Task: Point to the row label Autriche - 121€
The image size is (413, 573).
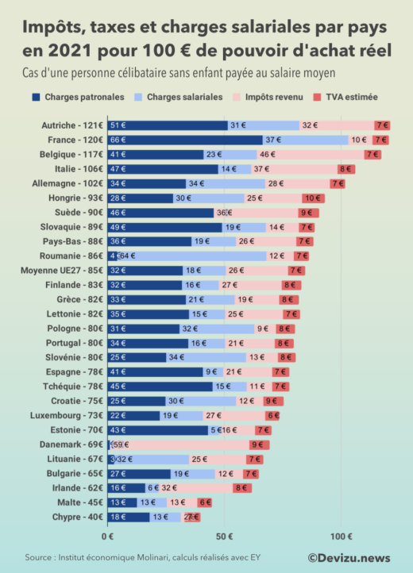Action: point(72,125)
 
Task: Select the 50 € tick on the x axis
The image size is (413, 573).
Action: point(225,536)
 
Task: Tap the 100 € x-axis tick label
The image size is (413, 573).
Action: point(341,536)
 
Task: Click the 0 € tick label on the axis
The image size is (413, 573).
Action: point(107,536)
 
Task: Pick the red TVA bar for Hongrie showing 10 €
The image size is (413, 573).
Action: point(313,198)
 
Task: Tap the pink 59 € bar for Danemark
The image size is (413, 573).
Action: point(179,444)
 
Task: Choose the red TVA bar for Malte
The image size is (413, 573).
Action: point(204,502)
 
